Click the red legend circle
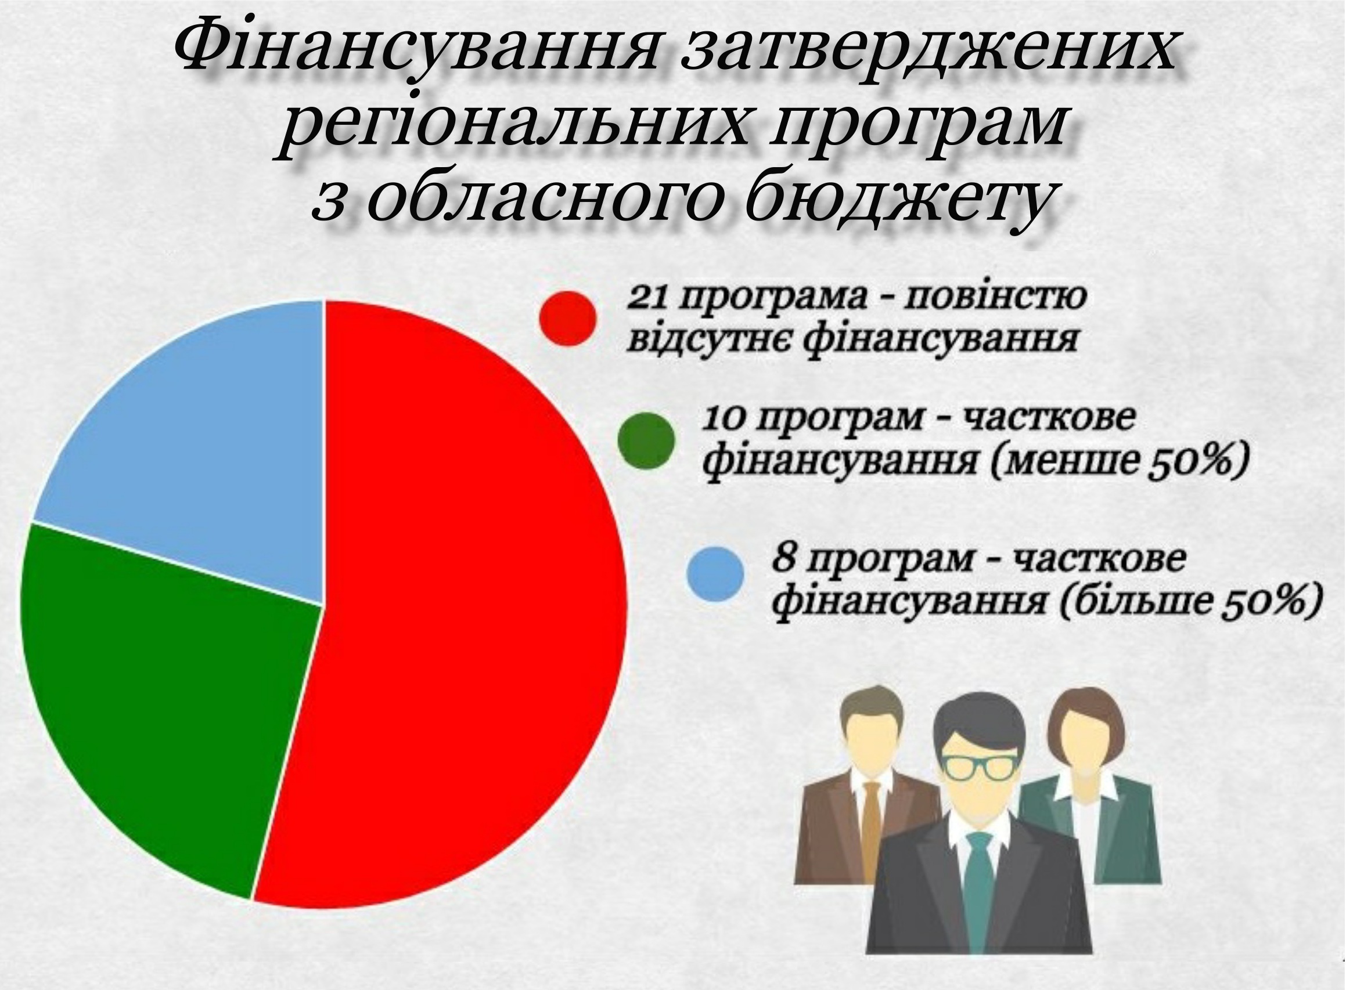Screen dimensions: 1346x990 (x=568, y=318)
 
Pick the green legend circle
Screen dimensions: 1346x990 (x=646, y=440)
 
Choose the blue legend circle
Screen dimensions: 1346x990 (x=715, y=573)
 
